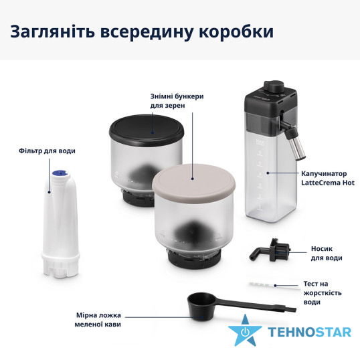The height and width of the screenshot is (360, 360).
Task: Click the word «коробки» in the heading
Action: pyautogui.click(x=236, y=31)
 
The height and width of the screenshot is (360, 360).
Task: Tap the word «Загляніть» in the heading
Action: pyautogui.click(x=52, y=32)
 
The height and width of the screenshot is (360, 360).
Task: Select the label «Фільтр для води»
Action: pyautogui.click(x=47, y=151)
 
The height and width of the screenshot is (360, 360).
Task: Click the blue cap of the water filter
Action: pyautogui.click(x=60, y=173)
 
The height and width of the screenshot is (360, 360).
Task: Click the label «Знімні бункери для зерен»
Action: pyautogui.click(x=177, y=101)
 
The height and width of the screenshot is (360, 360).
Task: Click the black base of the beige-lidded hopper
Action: pyautogui.click(x=194, y=259)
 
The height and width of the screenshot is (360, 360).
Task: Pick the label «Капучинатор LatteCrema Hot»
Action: pyautogui.click(x=328, y=178)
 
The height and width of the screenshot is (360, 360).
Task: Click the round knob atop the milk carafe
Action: pyautogui.click(x=274, y=86)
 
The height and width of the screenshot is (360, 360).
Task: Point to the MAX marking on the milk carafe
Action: pyautogui.click(x=260, y=141)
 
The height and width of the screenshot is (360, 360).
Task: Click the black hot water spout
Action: pyautogui.click(x=270, y=251)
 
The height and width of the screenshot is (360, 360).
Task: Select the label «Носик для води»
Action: pyautogui.click(x=327, y=253)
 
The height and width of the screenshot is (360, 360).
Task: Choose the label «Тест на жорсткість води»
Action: pyautogui.click(x=323, y=293)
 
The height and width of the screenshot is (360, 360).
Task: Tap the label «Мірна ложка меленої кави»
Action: pyautogui.click(x=98, y=320)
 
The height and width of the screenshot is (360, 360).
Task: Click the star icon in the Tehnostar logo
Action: pyautogui.click(x=245, y=331)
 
